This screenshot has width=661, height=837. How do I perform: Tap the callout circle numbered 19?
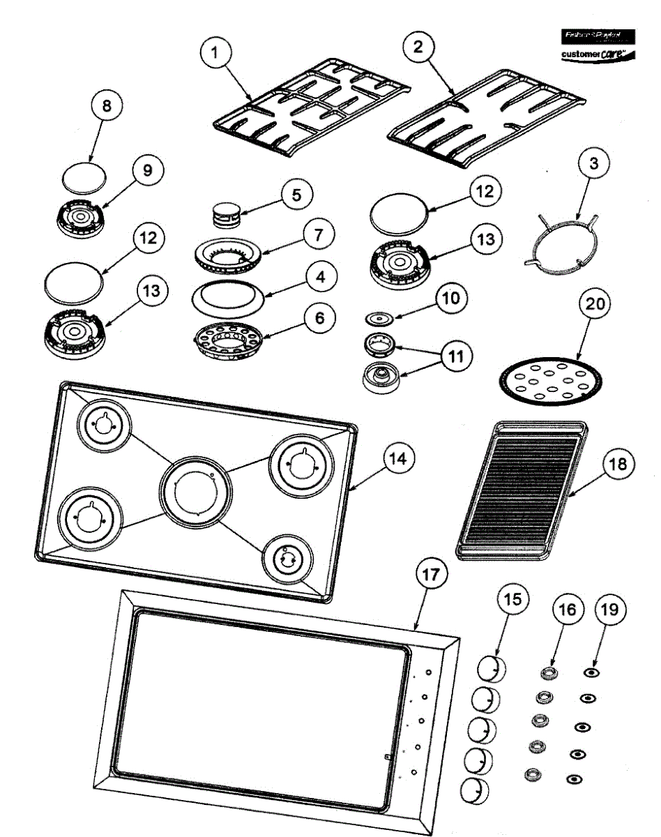click(609, 609)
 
